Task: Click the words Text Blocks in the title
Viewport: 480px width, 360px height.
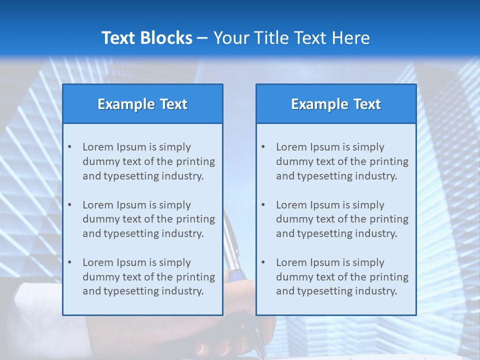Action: [x=146, y=38]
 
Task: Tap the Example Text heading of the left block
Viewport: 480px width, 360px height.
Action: [x=142, y=104]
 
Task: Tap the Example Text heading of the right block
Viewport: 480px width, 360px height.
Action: [x=336, y=104]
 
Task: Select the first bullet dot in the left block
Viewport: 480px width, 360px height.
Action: [x=69, y=147]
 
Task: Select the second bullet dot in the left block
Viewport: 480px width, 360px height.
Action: [x=69, y=205]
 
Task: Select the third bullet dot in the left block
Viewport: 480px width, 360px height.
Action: [x=69, y=262]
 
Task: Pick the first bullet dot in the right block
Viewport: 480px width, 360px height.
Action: [x=263, y=147]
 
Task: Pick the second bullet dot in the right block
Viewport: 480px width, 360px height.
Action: [x=263, y=205]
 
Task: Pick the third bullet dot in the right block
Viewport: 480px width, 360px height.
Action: [x=263, y=262]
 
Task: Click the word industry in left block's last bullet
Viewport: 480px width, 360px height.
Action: [x=183, y=291]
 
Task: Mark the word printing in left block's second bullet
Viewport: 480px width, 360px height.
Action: [x=196, y=219]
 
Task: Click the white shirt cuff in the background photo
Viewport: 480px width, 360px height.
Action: [x=40, y=305]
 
